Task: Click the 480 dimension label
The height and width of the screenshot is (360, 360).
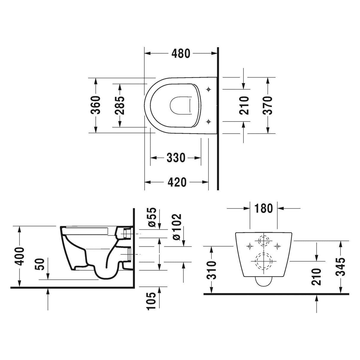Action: [x=181, y=53]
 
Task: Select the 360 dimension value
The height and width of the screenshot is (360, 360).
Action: [x=95, y=105]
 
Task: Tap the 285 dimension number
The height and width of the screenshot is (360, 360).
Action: [x=120, y=105]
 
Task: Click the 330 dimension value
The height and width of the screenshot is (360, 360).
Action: [x=176, y=158]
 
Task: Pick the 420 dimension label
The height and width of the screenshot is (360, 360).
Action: [x=177, y=182]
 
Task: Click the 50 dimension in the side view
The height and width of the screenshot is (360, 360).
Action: [x=41, y=264]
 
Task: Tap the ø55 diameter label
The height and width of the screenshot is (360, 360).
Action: [x=152, y=217]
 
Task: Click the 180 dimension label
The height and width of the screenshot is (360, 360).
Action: [x=264, y=208]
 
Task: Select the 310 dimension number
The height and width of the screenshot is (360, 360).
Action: [x=212, y=270]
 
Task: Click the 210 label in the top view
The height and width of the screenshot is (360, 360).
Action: [x=244, y=105]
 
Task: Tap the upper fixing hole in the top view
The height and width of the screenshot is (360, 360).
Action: [x=209, y=89]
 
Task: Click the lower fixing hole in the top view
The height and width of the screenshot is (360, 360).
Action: [x=209, y=121]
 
